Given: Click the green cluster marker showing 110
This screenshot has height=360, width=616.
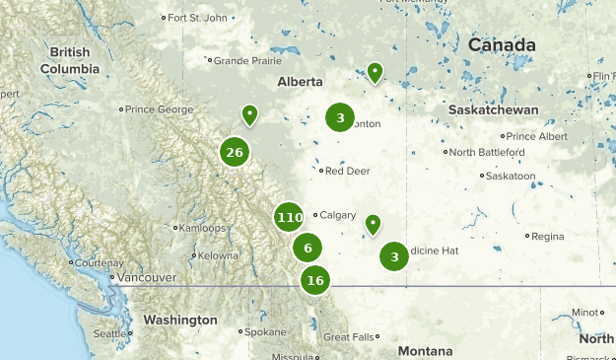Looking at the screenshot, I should tap(290, 217).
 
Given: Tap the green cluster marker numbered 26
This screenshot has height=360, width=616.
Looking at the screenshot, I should tap(235, 152).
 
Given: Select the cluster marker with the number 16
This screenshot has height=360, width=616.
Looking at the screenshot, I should tap(315, 280).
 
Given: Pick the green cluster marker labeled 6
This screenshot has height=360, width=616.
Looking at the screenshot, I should tap(308, 249).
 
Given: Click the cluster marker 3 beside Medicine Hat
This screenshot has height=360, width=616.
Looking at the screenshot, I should tap(394, 257).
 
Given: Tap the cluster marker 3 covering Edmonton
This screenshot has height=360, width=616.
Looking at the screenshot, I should tap(340, 118).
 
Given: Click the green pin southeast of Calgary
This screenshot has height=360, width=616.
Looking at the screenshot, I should tap(373, 225).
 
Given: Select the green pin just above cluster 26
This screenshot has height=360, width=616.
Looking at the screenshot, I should tap(250, 115).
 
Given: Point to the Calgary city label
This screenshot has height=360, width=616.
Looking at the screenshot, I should tap(337, 215).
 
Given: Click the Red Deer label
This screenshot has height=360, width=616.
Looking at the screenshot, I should tap(347, 171).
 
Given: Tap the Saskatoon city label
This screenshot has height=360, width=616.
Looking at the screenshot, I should tap(513, 176).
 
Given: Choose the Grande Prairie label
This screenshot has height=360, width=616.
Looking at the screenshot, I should tap(241, 60).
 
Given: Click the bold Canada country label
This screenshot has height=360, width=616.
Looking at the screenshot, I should tap(502, 45).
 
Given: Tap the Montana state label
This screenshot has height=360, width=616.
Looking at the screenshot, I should tap(425, 351).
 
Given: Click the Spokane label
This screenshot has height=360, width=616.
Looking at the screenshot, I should tap(265, 332).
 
